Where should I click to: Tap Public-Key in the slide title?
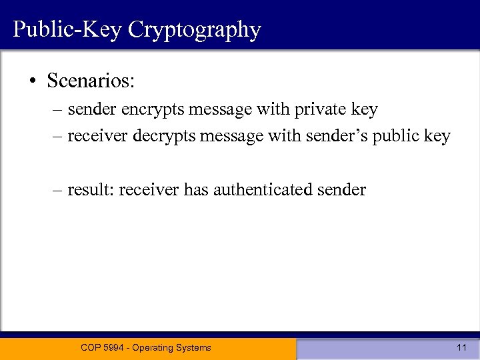(68, 30)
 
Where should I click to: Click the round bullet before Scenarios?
(32, 81)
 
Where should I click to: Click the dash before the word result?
(59, 190)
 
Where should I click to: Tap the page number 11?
(461, 347)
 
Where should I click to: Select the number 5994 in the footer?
(115, 347)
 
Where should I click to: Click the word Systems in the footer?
(196, 347)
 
